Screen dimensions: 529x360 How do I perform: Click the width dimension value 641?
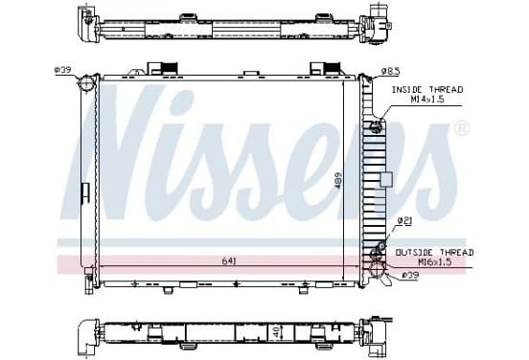pos(229,261)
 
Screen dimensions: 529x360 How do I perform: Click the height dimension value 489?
pos(338,181)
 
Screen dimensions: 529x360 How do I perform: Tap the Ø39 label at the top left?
pos(62,70)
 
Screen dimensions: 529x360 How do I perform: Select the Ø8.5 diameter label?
pos(390,71)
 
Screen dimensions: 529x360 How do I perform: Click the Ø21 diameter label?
pos(404,221)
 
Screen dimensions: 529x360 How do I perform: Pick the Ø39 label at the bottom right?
pos(410,276)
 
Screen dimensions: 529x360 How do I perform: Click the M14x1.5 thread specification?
pos(427,100)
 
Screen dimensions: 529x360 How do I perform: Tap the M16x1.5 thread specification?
pos(435,262)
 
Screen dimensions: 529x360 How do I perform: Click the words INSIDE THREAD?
pos(427,90)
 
